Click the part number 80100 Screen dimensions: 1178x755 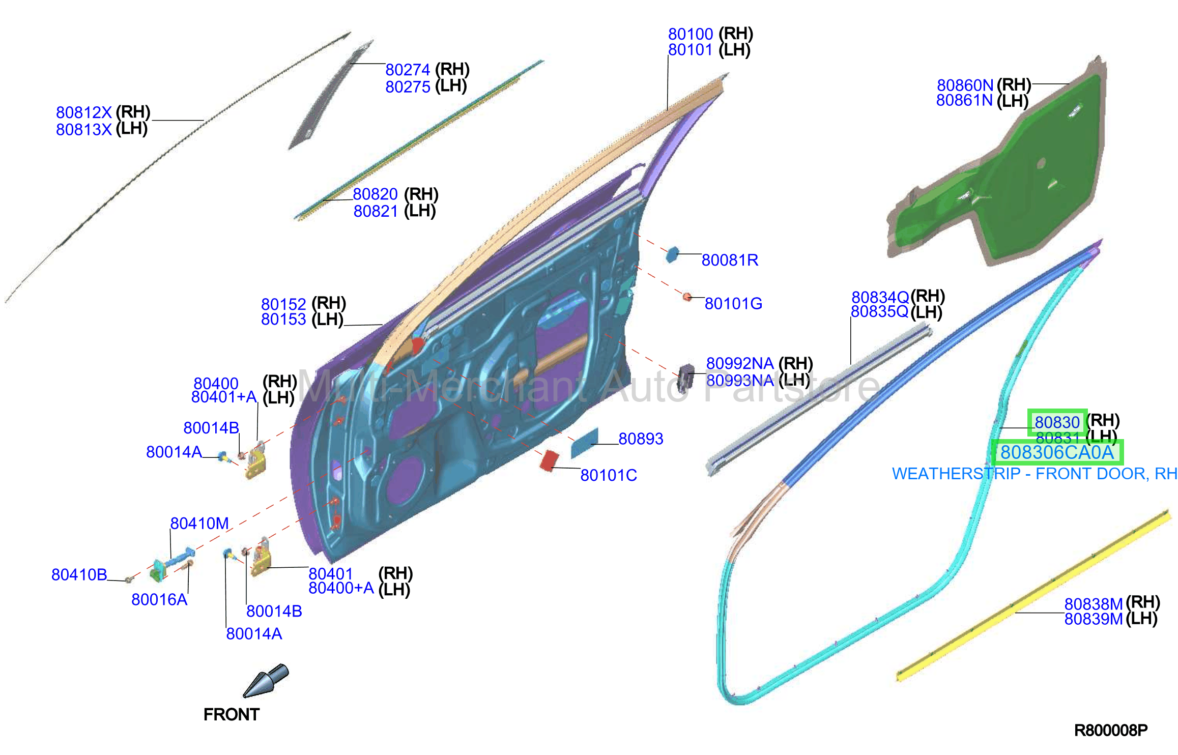691,34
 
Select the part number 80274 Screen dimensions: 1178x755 408,70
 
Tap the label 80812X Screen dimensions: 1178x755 84,112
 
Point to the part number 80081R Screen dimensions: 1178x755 730,260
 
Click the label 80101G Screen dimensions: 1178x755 733,304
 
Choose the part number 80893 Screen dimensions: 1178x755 641,439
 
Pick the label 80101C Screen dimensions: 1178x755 609,475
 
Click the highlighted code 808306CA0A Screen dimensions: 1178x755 1057,452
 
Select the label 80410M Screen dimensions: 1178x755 199,524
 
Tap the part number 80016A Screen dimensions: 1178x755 159,600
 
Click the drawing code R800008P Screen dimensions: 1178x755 1111,731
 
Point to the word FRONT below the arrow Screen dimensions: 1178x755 232,715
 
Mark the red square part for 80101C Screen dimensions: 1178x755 549,460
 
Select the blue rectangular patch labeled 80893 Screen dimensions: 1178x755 584,443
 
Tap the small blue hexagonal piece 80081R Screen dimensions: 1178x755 672,254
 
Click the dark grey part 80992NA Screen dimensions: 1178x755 686,377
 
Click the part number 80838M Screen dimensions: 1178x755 1094,604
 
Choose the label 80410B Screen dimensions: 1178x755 79,575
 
